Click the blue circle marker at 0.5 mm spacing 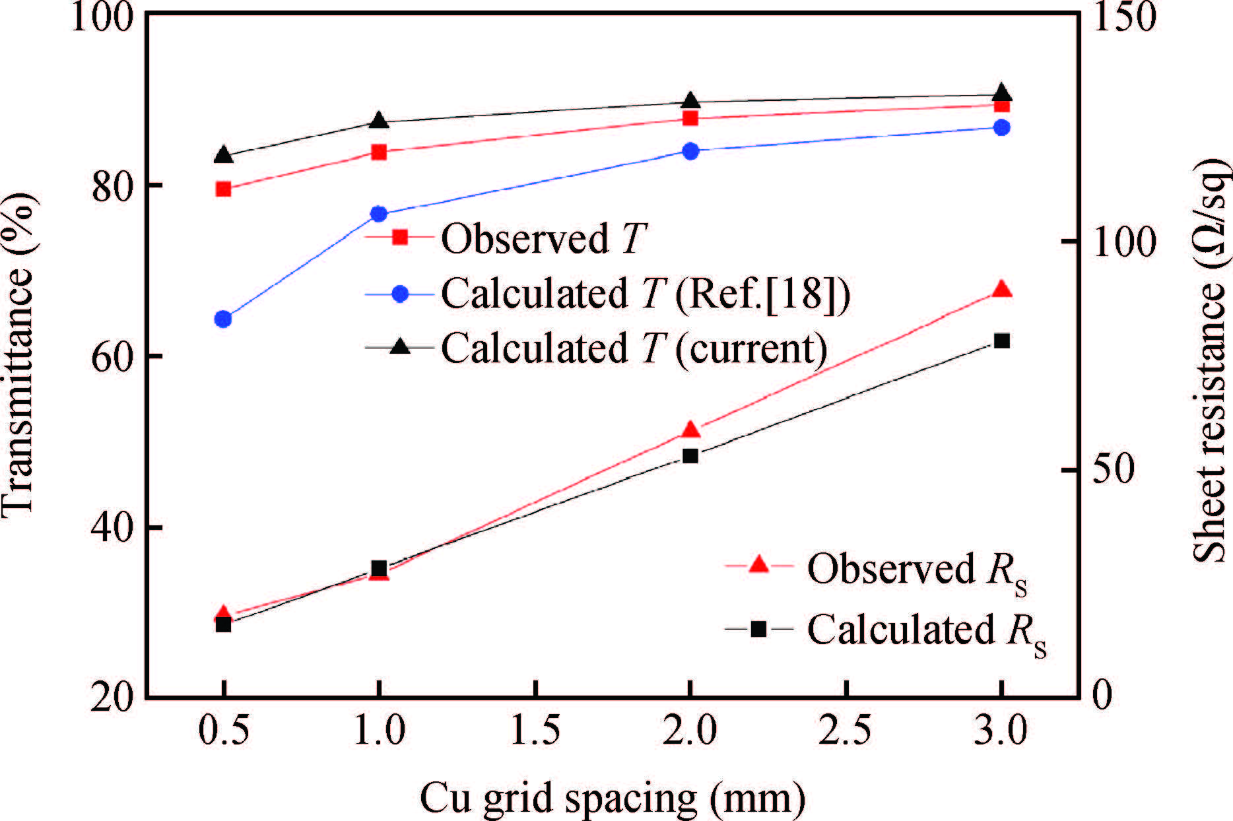pos(223,319)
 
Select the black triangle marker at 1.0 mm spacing pos(379,121)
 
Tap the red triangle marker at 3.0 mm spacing pos(1001,290)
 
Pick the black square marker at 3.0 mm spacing pos(1001,341)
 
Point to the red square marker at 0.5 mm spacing pos(223,189)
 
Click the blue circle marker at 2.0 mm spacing pos(690,151)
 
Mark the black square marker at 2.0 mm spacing pos(690,455)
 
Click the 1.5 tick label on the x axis pos(535,731)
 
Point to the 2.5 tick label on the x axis pos(846,731)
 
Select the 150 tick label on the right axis pos(1123,16)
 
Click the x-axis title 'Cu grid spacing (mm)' pos(613,798)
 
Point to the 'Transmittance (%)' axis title pos(18,356)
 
